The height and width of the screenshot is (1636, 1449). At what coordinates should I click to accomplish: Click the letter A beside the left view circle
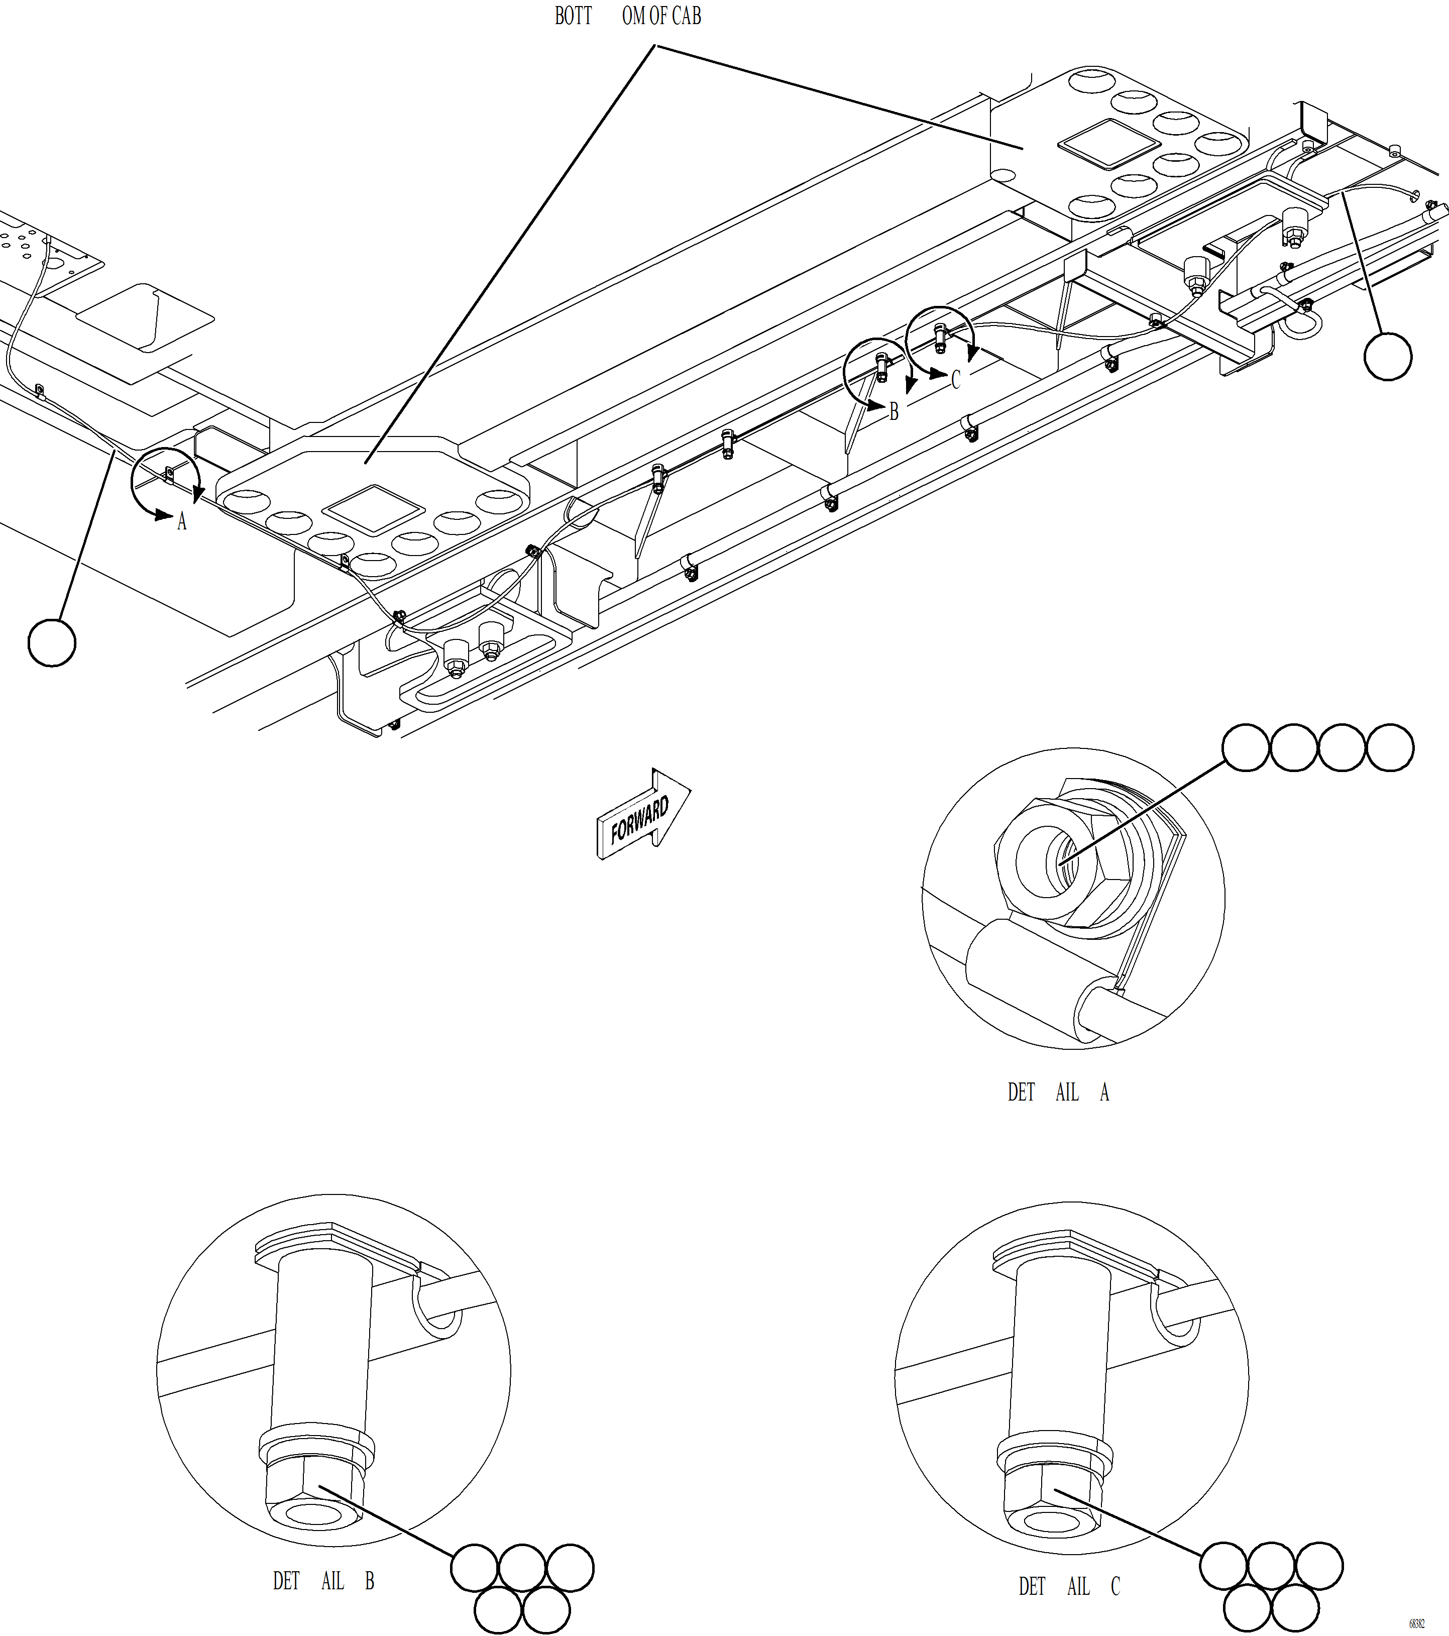(182, 522)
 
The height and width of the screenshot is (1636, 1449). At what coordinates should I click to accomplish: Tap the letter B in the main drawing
(894, 411)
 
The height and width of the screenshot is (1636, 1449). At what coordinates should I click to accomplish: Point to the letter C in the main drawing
(955, 379)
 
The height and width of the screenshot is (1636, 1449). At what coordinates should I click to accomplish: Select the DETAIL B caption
(323, 1581)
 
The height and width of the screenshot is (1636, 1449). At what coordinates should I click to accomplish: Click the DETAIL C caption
(1069, 1586)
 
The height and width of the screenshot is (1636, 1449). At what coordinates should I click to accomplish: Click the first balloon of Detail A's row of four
(1246, 747)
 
